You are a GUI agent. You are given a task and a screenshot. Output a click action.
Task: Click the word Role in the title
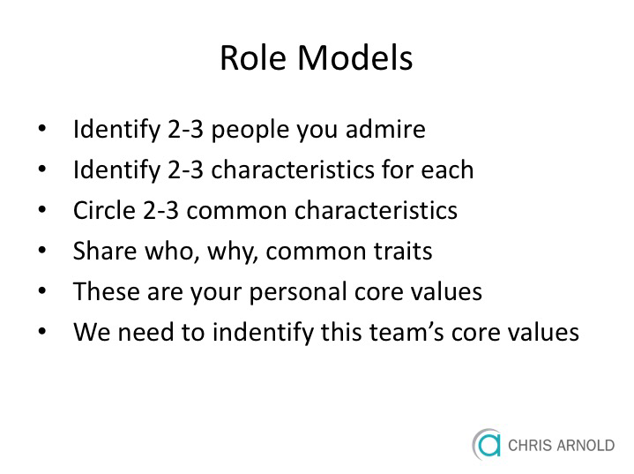(x=253, y=57)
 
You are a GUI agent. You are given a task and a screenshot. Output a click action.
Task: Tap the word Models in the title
(x=355, y=57)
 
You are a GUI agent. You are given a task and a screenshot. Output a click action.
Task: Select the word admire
(x=385, y=129)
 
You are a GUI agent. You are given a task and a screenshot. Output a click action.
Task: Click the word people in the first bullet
(x=250, y=131)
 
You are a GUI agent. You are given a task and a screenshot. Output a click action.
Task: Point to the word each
(x=447, y=169)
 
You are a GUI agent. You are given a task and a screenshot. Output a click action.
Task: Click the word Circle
(x=104, y=210)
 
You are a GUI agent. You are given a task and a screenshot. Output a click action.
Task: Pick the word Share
(x=105, y=251)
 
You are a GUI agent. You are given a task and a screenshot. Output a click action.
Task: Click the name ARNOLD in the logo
(x=586, y=445)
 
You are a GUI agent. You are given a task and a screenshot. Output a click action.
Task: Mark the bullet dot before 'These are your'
(x=42, y=291)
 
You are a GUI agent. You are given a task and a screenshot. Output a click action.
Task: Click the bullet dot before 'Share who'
(x=42, y=251)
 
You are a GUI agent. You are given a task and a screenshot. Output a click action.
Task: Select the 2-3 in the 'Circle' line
(x=160, y=210)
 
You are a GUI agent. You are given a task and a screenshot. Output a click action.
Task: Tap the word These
(x=107, y=291)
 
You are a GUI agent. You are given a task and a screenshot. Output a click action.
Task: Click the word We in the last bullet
(x=92, y=332)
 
